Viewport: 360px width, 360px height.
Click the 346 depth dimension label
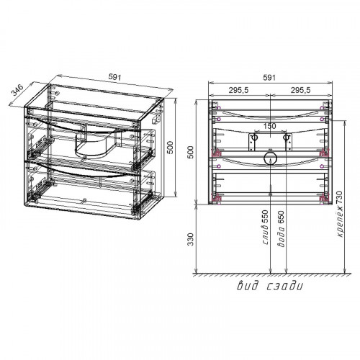(x=18, y=90)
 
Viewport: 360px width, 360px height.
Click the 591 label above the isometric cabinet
(x=115, y=77)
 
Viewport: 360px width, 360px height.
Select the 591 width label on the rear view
(x=269, y=78)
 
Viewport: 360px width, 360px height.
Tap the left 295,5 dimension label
(x=238, y=90)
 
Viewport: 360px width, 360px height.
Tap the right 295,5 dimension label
(x=301, y=90)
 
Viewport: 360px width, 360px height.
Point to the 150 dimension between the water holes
(x=270, y=126)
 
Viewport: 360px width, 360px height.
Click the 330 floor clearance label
(x=190, y=239)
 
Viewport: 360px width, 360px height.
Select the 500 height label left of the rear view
(x=190, y=152)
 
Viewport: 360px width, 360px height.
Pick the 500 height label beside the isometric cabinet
(x=170, y=148)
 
